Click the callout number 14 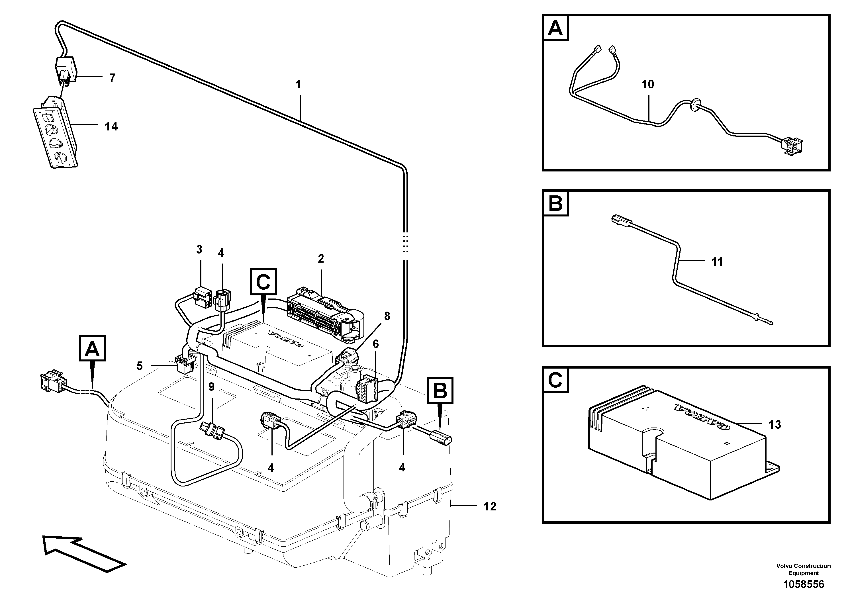click(111, 127)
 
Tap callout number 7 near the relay click(112, 78)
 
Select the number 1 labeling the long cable click(299, 85)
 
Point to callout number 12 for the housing click(490, 506)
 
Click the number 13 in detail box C click(775, 425)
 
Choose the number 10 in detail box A click(647, 85)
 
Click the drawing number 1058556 click(804, 584)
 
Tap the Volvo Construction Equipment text click(803, 569)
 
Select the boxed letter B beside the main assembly click(440, 390)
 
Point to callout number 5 click(139, 366)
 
